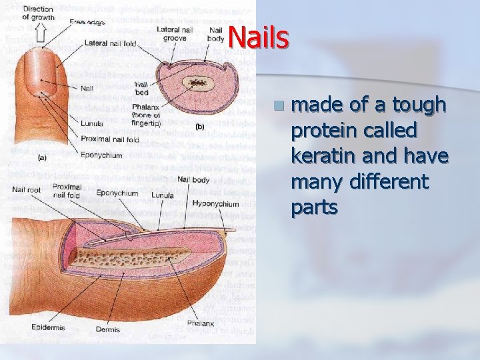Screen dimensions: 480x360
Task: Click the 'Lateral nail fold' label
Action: coord(110,43)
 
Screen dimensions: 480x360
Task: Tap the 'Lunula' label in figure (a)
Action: coord(91,123)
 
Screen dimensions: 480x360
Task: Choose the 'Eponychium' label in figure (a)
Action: coord(101,155)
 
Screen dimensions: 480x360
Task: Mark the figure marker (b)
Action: coord(199,126)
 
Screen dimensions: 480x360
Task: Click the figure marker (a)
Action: coord(43,159)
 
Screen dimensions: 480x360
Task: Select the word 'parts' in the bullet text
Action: coord(314,208)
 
